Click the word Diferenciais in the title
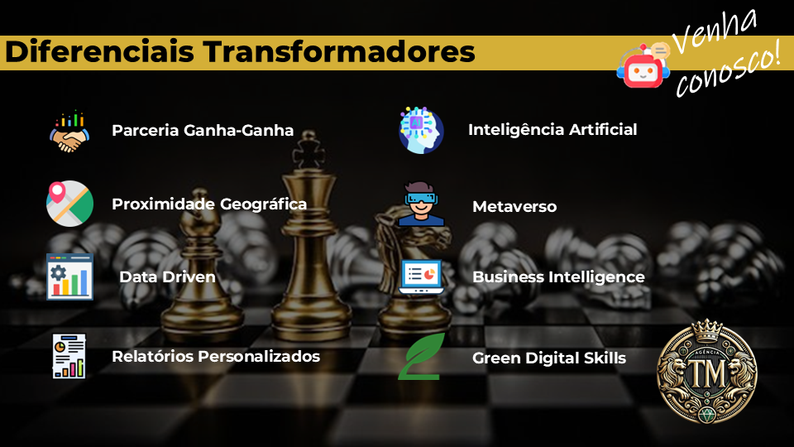point(100,51)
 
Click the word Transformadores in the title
point(339,51)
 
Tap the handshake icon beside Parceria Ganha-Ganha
point(69,132)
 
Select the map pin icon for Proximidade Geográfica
point(69,204)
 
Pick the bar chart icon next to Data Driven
point(69,276)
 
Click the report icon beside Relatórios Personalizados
point(69,356)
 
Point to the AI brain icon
point(421,130)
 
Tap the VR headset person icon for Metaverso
point(421,204)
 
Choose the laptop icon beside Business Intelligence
point(421,276)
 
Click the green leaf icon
point(421,356)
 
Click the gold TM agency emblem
point(707,372)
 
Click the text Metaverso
point(514,207)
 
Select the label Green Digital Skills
point(549,358)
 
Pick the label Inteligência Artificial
point(552,130)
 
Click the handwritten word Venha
point(714,31)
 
